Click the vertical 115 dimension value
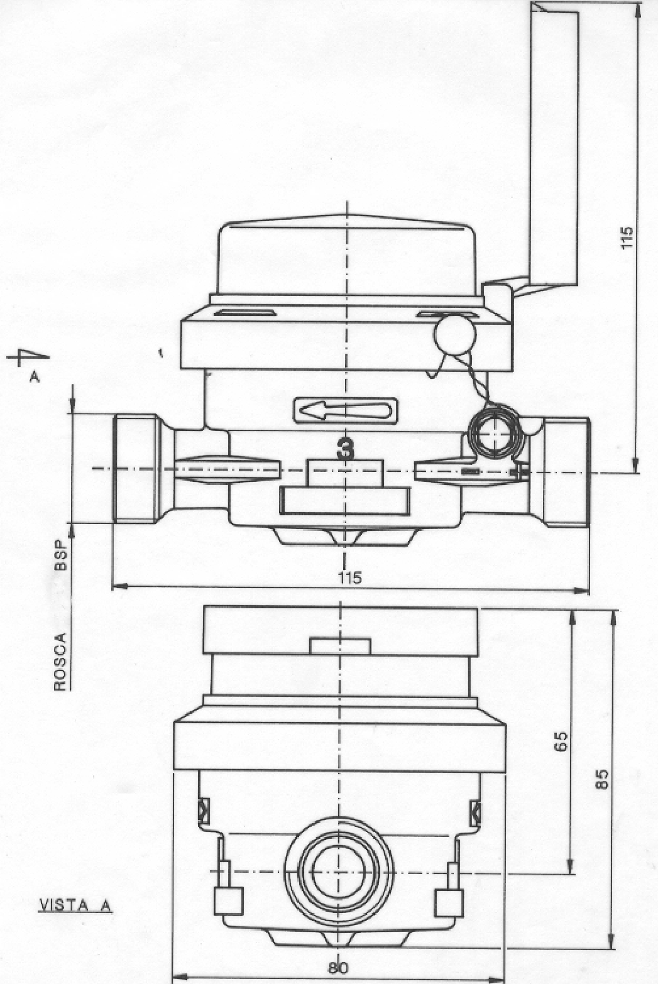point(627,238)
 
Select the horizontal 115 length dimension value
point(350,577)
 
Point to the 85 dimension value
point(603,779)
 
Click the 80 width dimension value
point(338,968)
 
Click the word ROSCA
point(60,662)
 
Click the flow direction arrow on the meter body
point(346,411)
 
